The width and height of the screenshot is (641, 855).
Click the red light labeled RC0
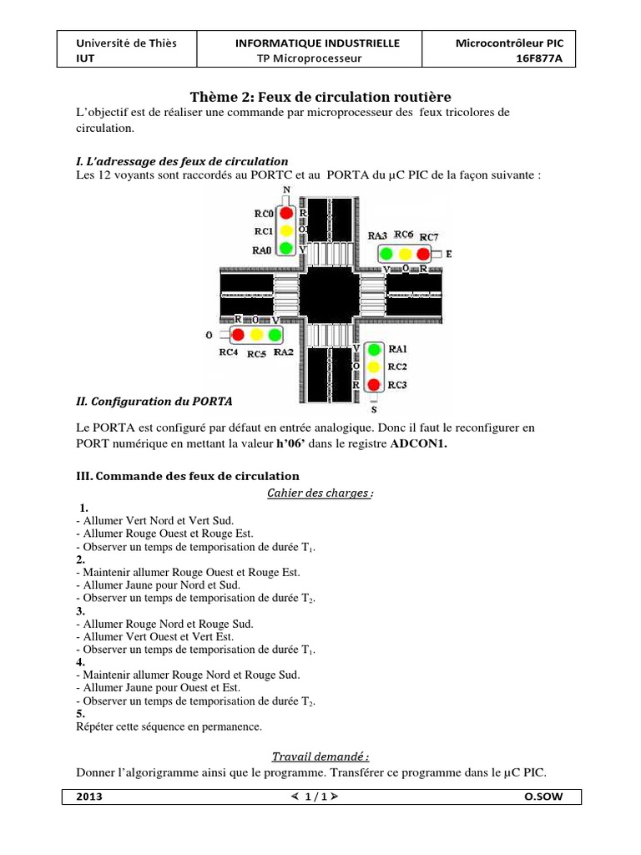pyautogui.click(x=286, y=213)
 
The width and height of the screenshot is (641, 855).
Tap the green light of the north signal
pyautogui.click(x=286, y=248)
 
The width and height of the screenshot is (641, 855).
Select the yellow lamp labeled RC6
pyautogui.click(x=405, y=253)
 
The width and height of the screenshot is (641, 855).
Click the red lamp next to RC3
pyautogui.click(x=374, y=385)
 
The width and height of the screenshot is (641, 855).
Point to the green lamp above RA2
pyautogui.click(x=274, y=336)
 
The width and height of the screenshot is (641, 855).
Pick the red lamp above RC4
pyautogui.click(x=238, y=336)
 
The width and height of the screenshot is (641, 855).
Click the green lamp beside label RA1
pyautogui.click(x=374, y=349)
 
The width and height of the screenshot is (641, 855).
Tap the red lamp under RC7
pyautogui.click(x=423, y=253)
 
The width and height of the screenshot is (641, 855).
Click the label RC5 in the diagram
pyautogui.click(x=256, y=353)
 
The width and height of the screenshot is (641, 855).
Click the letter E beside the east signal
pyautogui.click(x=449, y=253)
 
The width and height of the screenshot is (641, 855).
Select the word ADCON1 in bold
pyautogui.click(x=419, y=444)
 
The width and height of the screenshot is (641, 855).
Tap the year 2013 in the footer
pyautogui.click(x=89, y=797)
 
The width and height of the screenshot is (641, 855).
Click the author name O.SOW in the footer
pyautogui.click(x=543, y=797)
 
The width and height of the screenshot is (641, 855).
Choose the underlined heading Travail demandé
pyautogui.click(x=320, y=757)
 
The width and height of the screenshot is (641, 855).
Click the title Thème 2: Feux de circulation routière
pyautogui.click(x=320, y=97)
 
